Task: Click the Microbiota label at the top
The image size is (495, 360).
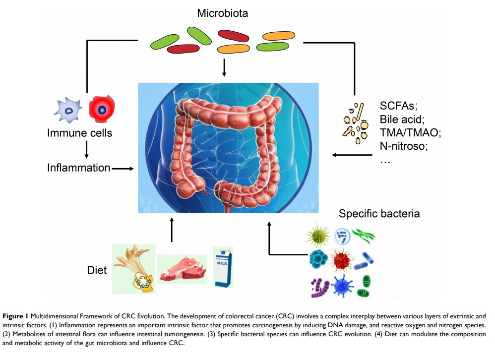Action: [x=222, y=13]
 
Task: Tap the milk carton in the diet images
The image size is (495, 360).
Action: [x=223, y=267]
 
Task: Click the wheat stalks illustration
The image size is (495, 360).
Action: [x=133, y=268]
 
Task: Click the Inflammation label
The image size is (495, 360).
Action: [x=78, y=168]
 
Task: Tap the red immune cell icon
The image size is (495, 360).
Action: [x=102, y=110]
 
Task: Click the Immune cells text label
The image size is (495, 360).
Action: [x=79, y=133]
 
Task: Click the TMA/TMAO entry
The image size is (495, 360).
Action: [x=410, y=133]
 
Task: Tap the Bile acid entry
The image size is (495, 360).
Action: [x=402, y=119]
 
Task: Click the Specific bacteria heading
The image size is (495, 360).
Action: [x=379, y=214]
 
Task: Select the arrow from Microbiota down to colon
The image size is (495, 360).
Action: [x=224, y=67]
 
